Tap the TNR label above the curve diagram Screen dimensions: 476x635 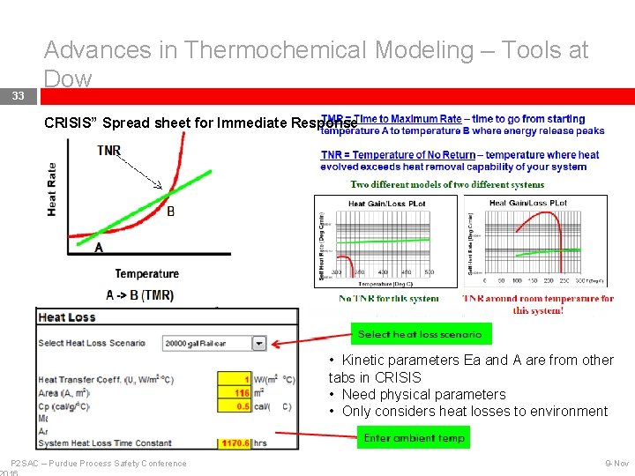coord(109,151)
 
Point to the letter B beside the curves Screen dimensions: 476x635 coord(170,212)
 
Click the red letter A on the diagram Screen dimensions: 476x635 coord(99,248)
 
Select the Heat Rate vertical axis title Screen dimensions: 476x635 coord(53,189)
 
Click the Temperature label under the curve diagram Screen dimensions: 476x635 coord(146,274)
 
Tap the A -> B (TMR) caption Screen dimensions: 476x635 coord(139,294)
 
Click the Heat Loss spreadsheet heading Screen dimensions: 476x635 coord(67,317)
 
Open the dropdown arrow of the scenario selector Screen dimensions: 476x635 coord(259,343)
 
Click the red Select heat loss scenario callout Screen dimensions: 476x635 coord(420,334)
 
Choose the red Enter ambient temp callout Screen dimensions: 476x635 coord(414,437)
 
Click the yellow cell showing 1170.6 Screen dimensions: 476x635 coord(235,443)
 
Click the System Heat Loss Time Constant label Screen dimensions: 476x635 coord(102,443)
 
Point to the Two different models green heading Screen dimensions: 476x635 coord(447,184)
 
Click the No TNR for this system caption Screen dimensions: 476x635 coord(389,298)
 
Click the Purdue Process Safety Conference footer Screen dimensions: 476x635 coord(99,464)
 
